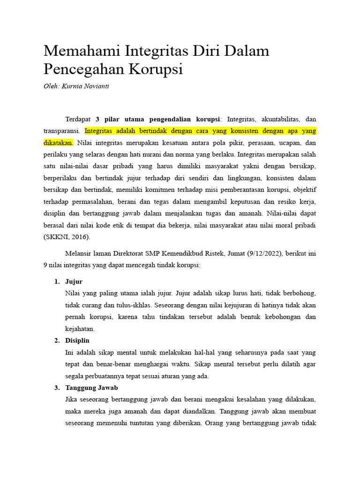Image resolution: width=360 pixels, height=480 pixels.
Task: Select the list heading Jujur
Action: [74, 282]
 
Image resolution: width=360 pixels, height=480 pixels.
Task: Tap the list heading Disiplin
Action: [77, 340]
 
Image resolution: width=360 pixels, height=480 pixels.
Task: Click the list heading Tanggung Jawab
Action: [91, 388]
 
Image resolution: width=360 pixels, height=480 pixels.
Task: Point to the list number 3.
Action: [57, 388]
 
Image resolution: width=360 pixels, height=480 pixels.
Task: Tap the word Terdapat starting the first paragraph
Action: [78, 119]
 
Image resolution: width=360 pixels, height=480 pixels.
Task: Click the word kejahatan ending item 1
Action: [80, 329]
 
